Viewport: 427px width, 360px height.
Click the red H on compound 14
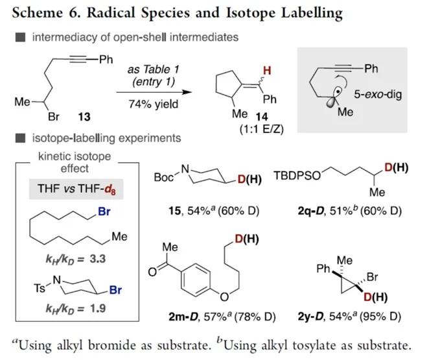267,71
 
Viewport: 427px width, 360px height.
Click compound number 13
84,117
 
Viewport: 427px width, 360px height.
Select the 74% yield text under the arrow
154,104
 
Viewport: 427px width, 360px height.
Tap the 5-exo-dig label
378,94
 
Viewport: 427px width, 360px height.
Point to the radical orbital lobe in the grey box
332,102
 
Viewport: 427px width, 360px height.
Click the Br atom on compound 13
53,117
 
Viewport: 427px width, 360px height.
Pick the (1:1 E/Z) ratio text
262,128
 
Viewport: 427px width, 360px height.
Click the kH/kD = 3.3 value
76,259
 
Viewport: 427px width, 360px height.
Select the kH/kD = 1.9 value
76,309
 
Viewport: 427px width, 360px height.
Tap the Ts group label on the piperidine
40,288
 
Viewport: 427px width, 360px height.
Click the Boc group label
164,178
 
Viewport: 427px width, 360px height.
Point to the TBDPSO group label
297,176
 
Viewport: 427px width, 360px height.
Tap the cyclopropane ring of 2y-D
347,286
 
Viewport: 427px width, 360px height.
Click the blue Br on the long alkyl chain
104,211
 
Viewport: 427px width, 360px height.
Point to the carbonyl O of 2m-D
153,272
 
